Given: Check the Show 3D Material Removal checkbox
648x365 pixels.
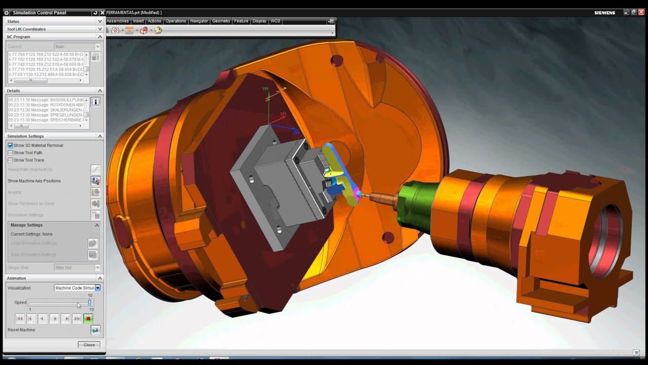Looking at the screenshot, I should coord(10,145).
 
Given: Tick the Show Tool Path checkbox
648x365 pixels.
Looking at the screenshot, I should coord(10,153).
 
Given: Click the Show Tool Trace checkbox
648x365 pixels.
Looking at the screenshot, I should coord(10,160).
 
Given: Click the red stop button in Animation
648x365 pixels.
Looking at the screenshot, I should coord(88,318).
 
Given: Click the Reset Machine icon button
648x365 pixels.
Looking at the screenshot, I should coord(95,330).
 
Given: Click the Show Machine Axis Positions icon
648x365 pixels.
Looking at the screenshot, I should coord(95,181).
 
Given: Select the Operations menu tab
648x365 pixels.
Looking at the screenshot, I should coord(176,21).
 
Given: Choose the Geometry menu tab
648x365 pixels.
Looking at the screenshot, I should coord(221,21).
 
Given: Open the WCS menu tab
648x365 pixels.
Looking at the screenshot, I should coord(275,21).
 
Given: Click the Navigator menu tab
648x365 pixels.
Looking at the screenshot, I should coord(199,21).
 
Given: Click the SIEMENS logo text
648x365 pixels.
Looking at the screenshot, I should coord(604,13).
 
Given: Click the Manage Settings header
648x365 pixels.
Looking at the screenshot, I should coord(26,225).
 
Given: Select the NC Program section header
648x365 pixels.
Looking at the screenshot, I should coord(19,37).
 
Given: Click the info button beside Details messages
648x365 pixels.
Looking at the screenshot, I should coord(95,102).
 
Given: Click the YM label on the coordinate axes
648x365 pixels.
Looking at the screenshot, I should coord(265,89).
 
